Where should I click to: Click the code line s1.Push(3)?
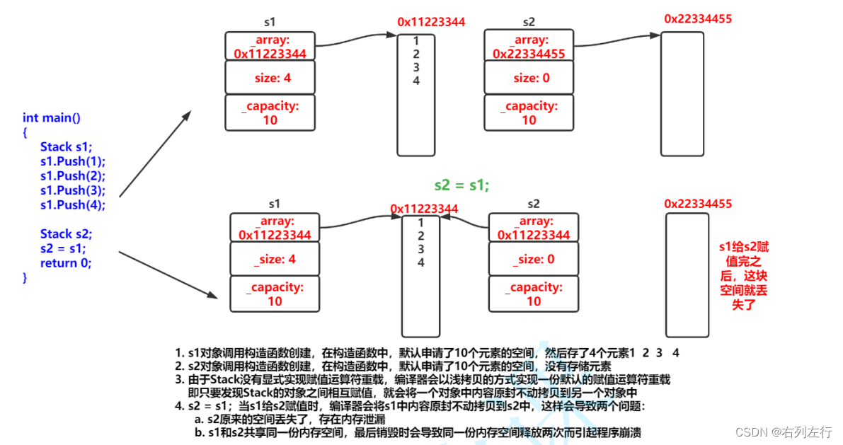[72, 190]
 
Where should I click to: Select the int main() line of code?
[52, 117]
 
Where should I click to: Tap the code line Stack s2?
[66, 234]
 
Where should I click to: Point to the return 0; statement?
[66, 263]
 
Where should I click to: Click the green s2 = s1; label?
[461, 185]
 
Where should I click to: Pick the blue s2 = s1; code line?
[63, 249]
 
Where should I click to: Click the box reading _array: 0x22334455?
[529, 46]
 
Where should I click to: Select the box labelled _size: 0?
[534, 260]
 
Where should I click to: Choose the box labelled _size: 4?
[275, 260]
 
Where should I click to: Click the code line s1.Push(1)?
[72, 161]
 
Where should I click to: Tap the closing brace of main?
[25, 278]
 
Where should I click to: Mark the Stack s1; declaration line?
[66, 146]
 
